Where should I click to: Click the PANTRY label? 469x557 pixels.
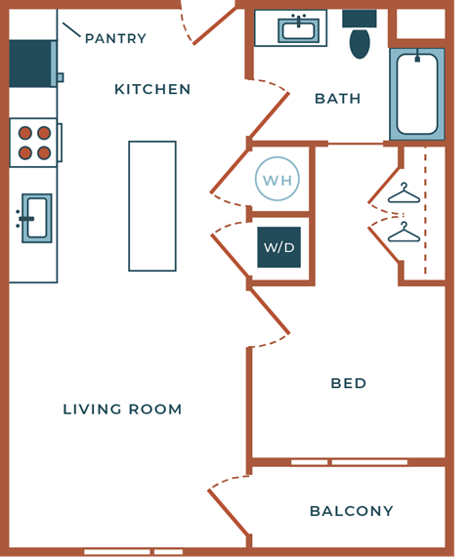(115, 39)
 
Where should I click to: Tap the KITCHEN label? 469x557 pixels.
(152, 90)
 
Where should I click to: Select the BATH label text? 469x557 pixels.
(338, 99)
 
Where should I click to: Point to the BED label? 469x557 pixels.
(349, 384)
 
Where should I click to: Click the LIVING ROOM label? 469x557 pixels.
(122, 409)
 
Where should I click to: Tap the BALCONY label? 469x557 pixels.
(351, 511)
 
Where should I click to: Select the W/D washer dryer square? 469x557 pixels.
(278, 247)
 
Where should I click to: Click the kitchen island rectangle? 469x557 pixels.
(152, 206)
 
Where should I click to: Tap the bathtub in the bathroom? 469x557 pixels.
(417, 94)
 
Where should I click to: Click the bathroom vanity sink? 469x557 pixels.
(298, 29)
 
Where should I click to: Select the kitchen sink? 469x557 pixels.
(36, 218)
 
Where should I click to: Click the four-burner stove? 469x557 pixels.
(34, 143)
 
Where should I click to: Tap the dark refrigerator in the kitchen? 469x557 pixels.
(31, 64)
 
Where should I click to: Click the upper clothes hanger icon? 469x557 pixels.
(404, 194)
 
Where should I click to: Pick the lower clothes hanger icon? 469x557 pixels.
(404, 234)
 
